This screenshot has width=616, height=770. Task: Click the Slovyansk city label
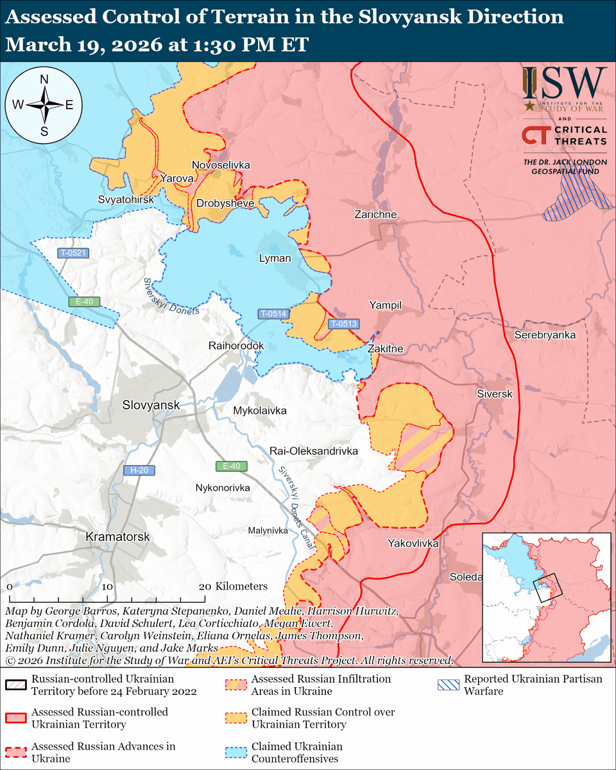coord(151,406)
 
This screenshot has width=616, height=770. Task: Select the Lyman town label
coord(275,259)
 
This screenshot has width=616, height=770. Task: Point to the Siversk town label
coord(494,394)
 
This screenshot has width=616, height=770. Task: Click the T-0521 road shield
coord(73,253)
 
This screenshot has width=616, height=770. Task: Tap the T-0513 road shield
coord(343,324)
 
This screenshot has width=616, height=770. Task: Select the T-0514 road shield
coord(273,314)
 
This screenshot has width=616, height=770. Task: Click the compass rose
coord(44,105)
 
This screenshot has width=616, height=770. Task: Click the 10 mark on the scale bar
coord(107,586)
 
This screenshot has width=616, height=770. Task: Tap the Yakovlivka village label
coord(413,543)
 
